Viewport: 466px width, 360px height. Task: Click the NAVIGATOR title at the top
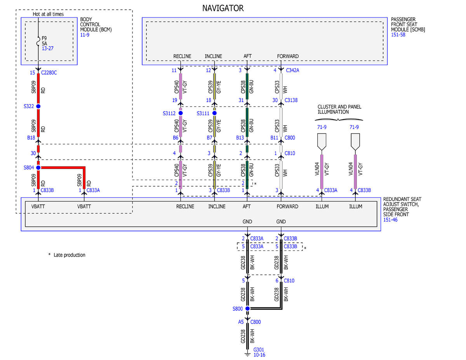(x=223, y=8)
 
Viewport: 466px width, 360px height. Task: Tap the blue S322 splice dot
(x=38, y=106)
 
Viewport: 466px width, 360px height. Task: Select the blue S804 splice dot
(x=38, y=167)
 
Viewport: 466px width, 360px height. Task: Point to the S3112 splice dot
(x=181, y=113)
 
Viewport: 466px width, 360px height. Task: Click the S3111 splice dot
(x=214, y=113)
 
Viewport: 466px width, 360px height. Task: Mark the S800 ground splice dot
(x=247, y=308)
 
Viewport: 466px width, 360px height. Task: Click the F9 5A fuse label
(x=44, y=41)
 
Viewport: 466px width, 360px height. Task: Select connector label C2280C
(x=49, y=73)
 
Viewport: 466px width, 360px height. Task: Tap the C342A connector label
(x=292, y=70)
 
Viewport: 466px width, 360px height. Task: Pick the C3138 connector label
(x=291, y=100)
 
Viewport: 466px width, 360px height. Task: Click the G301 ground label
(x=259, y=350)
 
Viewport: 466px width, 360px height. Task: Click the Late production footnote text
(x=69, y=255)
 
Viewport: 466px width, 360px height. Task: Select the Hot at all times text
(x=48, y=14)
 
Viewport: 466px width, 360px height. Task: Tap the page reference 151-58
(x=398, y=35)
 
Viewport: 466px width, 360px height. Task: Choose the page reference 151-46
(x=390, y=220)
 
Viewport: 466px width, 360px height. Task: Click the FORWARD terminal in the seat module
(x=288, y=56)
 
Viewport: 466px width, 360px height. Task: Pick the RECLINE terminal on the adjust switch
(x=185, y=207)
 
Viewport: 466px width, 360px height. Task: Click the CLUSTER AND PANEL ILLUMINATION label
(x=339, y=110)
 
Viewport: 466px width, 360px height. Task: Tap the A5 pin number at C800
(x=241, y=322)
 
